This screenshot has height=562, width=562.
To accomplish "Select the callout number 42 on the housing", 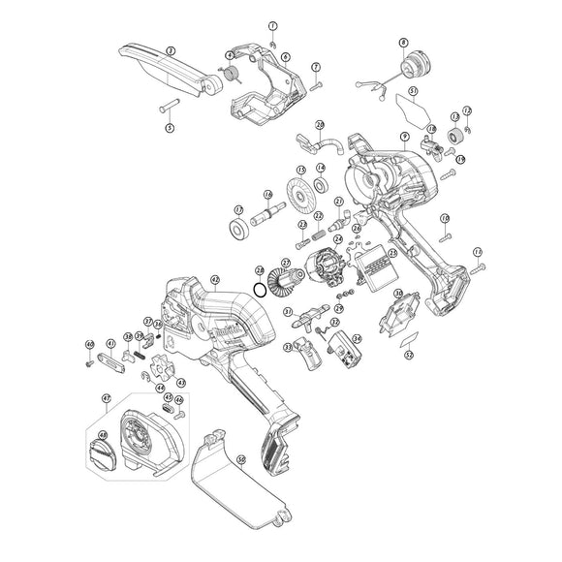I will coord(215,280).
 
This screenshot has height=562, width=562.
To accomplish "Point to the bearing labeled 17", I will coord(236,229).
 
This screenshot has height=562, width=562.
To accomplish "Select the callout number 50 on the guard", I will coord(241,458).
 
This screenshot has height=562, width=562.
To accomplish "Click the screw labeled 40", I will coord(88,363).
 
